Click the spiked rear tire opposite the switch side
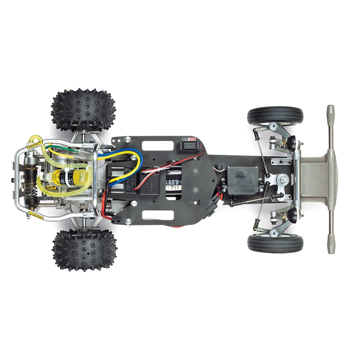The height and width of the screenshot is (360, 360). coord(84,249)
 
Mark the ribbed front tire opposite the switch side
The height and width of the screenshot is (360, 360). coord(275,243)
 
